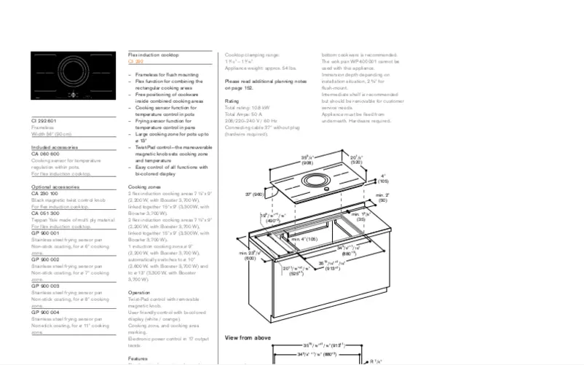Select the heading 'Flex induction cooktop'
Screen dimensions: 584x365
pyautogui.click(x=153, y=55)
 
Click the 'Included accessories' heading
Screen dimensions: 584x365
pyautogui.click(x=55, y=148)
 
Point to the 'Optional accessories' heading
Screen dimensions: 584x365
pyautogui.click(x=55, y=187)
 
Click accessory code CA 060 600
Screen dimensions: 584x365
pyautogui.click(x=45, y=154)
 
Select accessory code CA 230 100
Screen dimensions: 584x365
pyautogui.click(x=45, y=193)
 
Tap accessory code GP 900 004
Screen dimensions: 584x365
pyautogui.click(x=45, y=312)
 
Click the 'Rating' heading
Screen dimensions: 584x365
pyautogui.click(x=231, y=101)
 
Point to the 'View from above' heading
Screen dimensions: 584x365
pyautogui.click(x=248, y=337)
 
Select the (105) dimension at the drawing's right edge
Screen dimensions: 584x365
pyautogui.click(x=383, y=181)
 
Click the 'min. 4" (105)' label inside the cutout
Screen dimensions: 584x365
pyautogui.click(x=304, y=239)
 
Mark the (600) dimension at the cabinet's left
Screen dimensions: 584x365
pyautogui.click(x=250, y=258)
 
